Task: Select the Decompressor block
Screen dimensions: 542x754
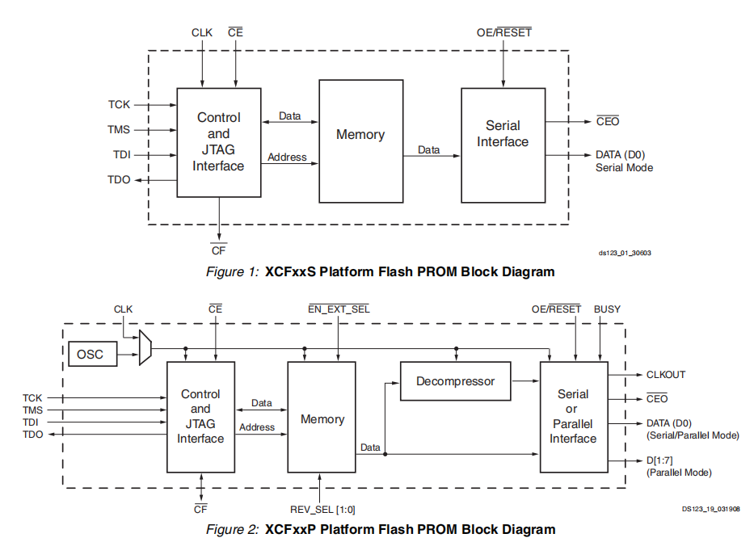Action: (456, 380)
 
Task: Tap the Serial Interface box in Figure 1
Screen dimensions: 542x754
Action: (503, 134)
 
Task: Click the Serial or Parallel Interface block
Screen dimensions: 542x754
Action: (573, 416)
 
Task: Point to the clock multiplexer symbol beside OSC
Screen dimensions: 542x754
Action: (145, 347)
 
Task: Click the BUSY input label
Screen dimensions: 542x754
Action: (608, 309)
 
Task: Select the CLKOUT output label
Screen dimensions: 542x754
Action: (666, 375)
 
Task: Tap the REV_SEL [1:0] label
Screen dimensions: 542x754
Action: (322, 509)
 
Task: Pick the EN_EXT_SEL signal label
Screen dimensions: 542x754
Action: (339, 309)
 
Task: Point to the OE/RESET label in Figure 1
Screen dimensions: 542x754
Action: (504, 33)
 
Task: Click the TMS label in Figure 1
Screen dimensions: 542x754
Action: (119, 130)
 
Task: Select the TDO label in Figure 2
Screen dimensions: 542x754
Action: (32, 435)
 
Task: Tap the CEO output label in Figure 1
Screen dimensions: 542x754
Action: (608, 122)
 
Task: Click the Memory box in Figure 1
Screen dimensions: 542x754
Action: (360, 135)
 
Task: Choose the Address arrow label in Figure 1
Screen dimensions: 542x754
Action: (287, 157)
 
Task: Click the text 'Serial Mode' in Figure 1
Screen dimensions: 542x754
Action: (624, 168)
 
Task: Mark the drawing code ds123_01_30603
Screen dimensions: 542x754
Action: (625, 253)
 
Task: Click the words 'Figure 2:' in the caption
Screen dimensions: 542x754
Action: (232, 530)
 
